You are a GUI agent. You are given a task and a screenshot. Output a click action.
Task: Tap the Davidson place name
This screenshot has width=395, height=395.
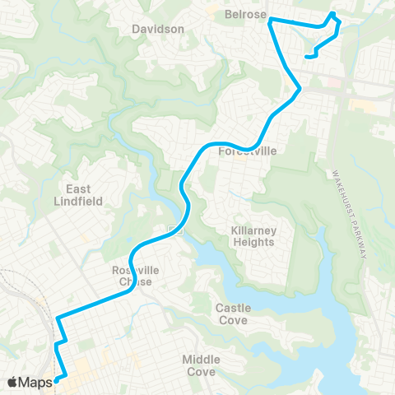(x=157, y=29)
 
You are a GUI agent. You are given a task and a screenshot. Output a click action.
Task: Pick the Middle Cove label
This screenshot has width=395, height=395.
(x=202, y=365)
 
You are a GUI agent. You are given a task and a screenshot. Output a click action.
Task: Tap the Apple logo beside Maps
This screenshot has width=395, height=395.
(x=12, y=382)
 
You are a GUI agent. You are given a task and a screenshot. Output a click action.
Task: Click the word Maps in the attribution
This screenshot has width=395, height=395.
(x=35, y=382)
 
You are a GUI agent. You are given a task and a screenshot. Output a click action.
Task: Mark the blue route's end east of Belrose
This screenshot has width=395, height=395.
(x=308, y=57)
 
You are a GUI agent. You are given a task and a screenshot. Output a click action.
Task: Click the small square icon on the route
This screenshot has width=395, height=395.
(x=173, y=230)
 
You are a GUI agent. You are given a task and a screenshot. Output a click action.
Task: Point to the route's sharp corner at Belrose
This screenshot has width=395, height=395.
(x=269, y=19)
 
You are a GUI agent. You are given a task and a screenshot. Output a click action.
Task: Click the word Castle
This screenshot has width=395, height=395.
(x=234, y=307)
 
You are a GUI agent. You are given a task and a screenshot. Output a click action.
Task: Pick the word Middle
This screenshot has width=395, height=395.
(x=202, y=360)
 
